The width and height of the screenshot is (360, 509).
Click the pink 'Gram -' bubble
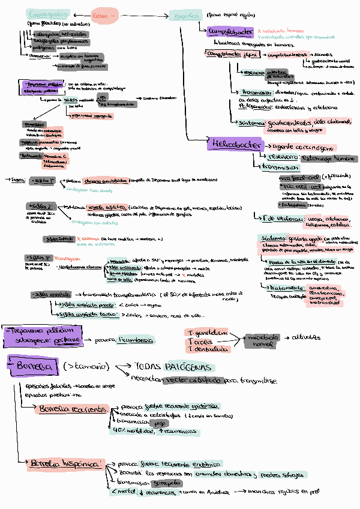[x=105, y=16]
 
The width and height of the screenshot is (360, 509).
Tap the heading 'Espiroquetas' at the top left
[x=49, y=14]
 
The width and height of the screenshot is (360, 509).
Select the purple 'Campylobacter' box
[x=229, y=31]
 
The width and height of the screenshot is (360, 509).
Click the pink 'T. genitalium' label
[x=208, y=333]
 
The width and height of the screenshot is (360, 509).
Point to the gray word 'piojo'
[x=159, y=423]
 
